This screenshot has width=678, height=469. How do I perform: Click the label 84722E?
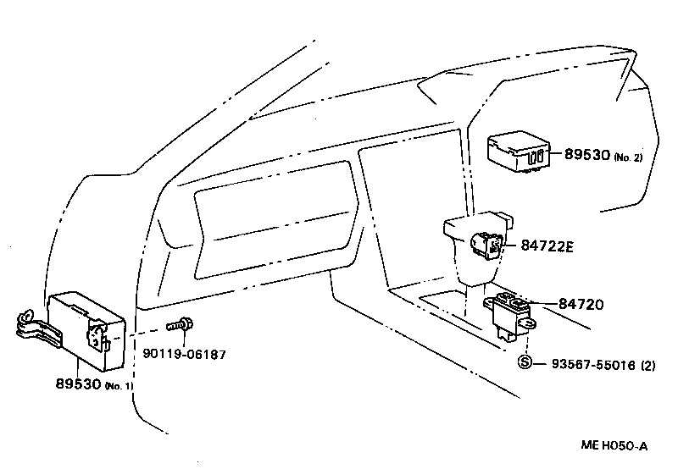pyautogui.click(x=547, y=246)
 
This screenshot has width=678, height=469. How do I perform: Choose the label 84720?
pyautogui.click(x=581, y=304)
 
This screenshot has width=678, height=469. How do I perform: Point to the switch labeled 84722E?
pyautogui.click(x=487, y=245)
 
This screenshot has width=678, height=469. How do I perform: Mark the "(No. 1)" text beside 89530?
pyautogui.click(x=119, y=387)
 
